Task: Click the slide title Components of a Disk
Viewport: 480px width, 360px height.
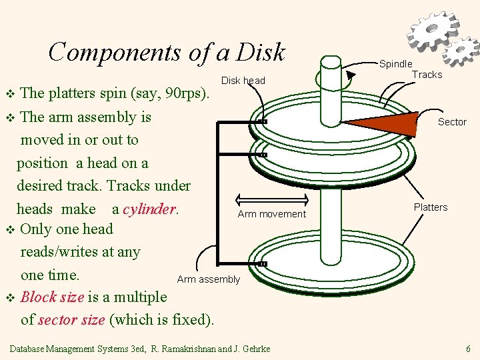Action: [167, 52]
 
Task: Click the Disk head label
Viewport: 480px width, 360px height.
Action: [243, 81]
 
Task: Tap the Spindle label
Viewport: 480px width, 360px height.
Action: [395, 64]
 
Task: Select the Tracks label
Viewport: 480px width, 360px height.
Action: [427, 75]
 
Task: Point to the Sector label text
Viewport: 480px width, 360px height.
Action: [452, 122]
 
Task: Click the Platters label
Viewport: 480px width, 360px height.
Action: [431, 207]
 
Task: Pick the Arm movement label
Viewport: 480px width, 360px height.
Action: [272, 214]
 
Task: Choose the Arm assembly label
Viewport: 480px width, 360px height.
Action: [208, 279]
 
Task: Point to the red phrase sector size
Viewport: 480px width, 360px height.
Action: [71, 319]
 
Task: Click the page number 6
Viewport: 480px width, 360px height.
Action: [468, 349]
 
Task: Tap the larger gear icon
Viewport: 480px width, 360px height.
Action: [433, 30]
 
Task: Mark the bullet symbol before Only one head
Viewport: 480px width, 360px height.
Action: [9, 229]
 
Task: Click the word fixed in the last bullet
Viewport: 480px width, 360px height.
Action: [189, 319]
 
